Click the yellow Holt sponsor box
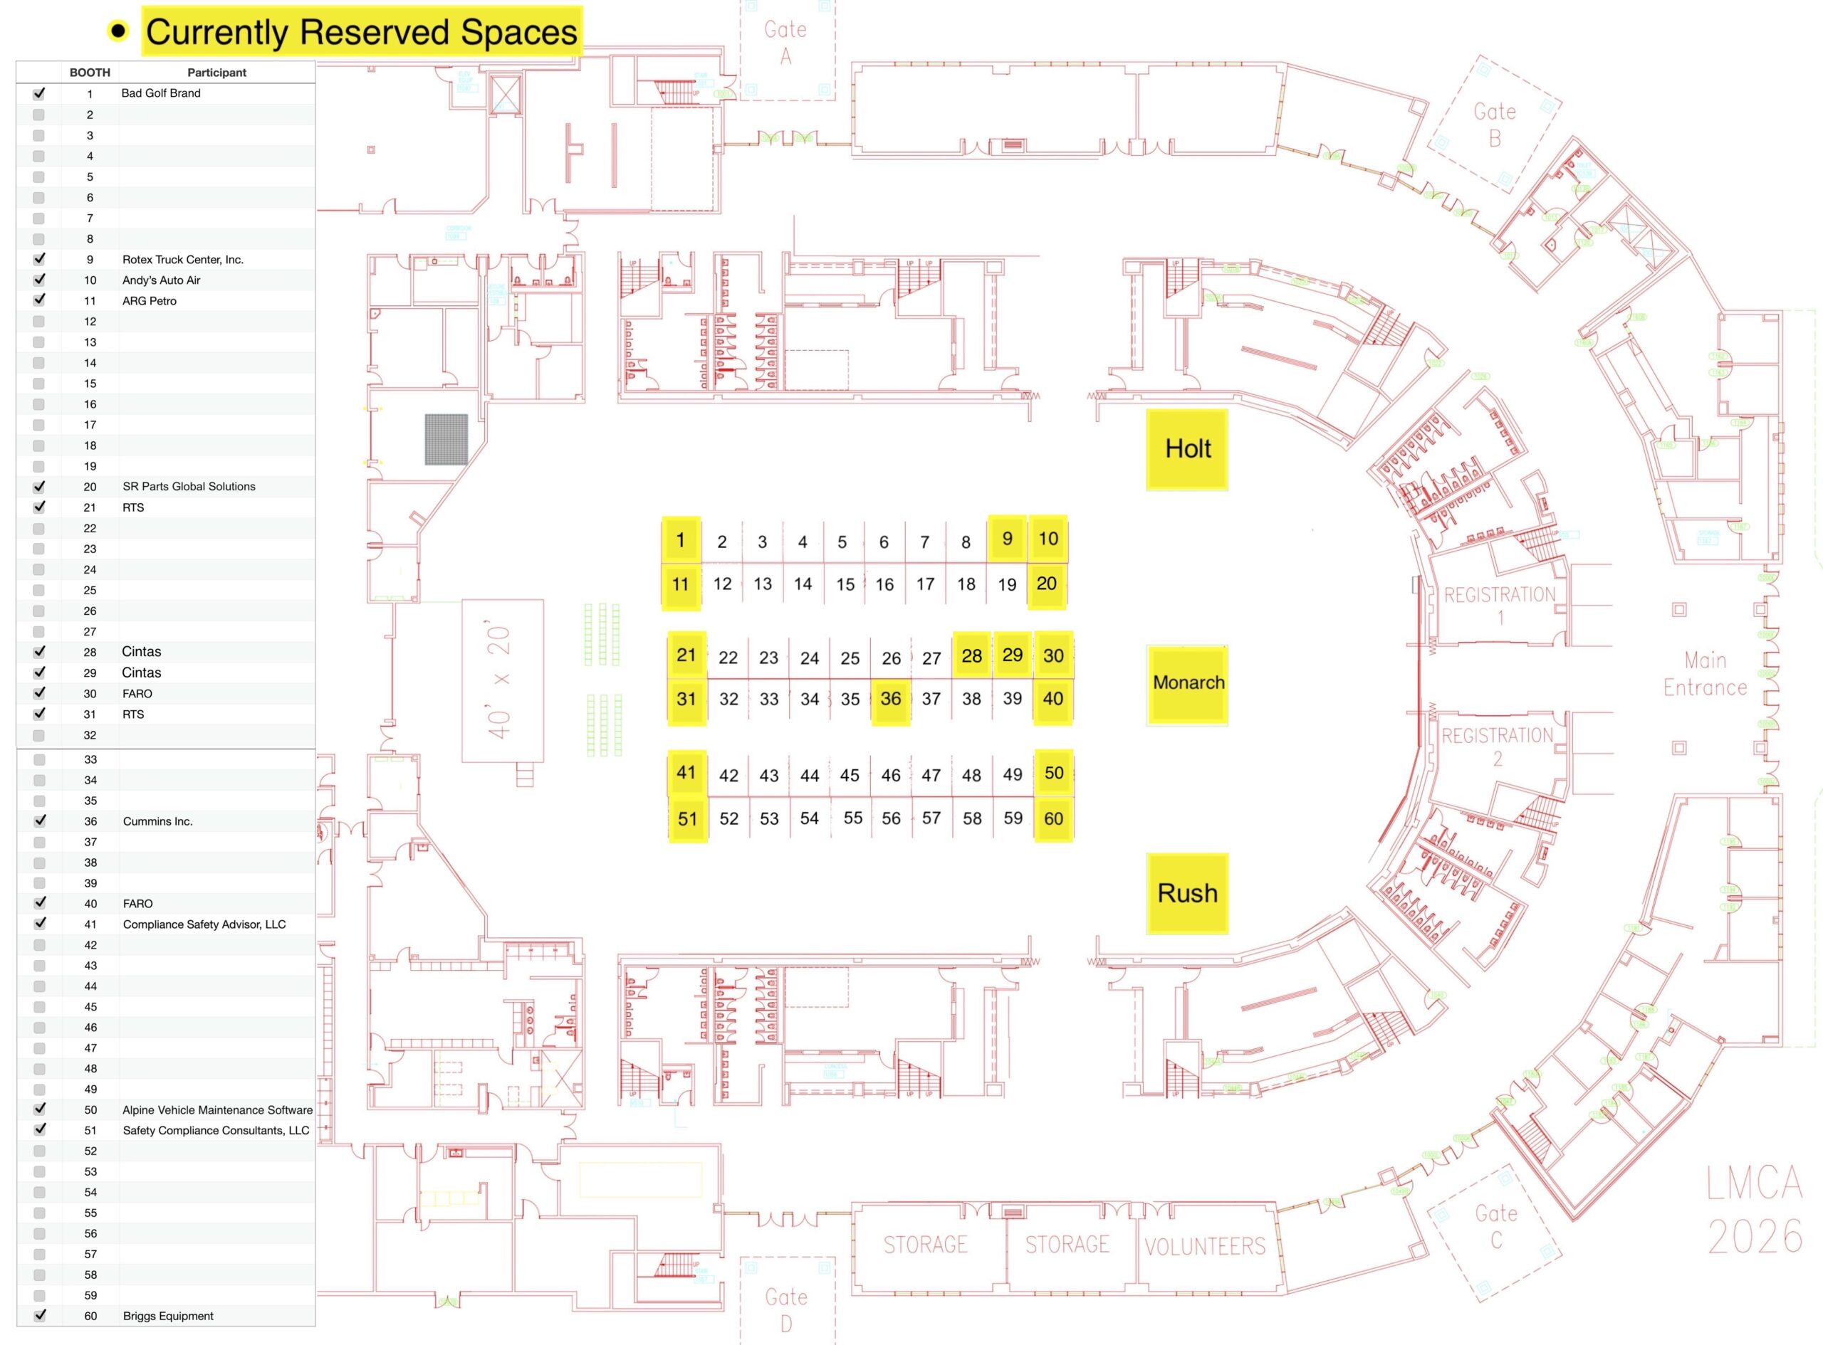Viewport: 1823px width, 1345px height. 1187,450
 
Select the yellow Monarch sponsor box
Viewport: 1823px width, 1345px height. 1188,684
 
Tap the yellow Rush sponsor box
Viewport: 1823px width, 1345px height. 1187,893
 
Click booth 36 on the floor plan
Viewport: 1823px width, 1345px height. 890,699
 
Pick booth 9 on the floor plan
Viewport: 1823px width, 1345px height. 1007,539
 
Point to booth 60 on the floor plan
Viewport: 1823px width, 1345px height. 1053,818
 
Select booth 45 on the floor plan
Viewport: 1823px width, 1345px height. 850,775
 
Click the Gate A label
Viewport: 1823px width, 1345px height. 785,42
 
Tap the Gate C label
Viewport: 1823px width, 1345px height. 1496,1226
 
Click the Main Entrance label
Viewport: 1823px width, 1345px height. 1705,674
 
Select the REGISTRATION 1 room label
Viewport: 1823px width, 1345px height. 1500,605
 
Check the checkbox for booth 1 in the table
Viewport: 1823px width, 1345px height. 39,94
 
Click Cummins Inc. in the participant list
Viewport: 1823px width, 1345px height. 158,821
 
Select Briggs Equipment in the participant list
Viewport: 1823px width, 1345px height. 168,1316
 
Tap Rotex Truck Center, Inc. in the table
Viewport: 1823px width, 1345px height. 183,260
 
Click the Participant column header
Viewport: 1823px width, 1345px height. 216,73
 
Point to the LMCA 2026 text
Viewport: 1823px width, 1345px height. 1754,1210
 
